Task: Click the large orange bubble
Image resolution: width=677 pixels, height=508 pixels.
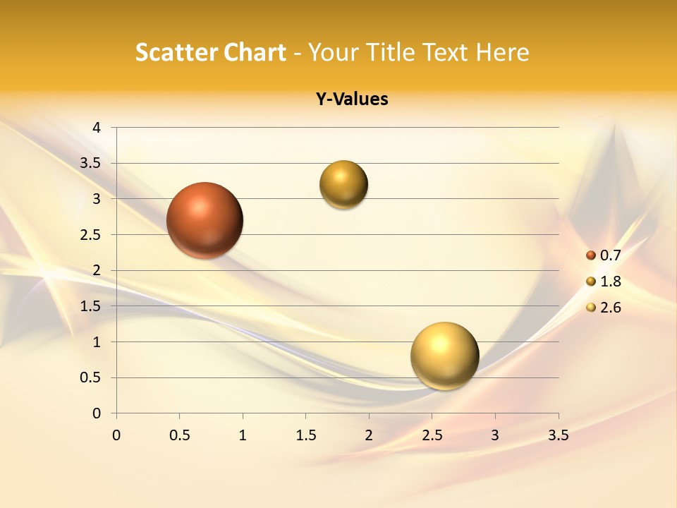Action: [205, 220]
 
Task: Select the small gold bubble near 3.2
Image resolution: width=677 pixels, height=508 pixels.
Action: [343, 185]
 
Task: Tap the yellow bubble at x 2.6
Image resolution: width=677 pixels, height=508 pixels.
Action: [444, 356]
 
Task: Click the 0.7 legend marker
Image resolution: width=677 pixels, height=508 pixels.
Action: [591, 255]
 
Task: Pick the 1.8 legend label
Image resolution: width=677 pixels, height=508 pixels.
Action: [610, 282]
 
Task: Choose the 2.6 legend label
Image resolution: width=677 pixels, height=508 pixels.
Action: [610, 308]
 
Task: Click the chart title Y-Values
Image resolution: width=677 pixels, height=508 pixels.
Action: [352, 99]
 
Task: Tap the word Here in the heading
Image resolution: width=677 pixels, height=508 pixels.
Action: [502, 52]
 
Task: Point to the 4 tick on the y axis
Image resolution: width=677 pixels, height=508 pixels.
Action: [97, 128]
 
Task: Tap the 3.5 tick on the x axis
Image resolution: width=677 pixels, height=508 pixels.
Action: [558, 435]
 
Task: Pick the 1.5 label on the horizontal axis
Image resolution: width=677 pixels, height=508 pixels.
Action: [305, 435]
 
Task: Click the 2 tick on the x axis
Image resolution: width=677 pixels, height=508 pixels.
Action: [369, 435]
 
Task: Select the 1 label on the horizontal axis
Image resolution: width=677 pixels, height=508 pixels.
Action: [243, 435]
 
